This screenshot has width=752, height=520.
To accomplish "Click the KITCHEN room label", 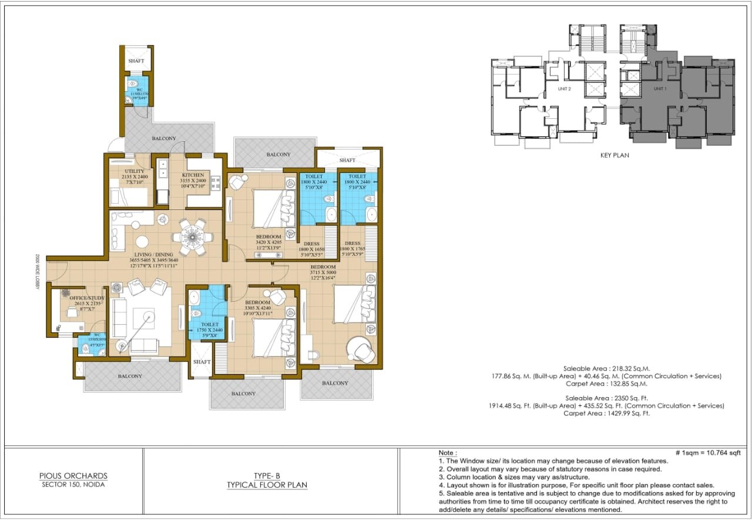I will coord(193,175).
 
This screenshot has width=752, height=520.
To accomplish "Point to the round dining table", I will coord(192,238).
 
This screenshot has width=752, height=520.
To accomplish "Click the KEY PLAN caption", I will coord(615,155).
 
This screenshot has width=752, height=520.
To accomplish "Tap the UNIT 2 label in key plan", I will coord(565,88).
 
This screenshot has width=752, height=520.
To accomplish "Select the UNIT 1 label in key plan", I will coord(660,88).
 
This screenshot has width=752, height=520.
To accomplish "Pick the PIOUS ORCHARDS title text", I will coord(73,476).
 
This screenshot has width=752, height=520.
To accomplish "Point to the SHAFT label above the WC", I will coord(136,61).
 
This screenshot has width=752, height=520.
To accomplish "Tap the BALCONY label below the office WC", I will coord(130,376).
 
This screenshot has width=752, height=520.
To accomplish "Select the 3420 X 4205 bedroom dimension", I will coord(268,242).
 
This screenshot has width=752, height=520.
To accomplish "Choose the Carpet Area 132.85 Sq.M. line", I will coord(606,384).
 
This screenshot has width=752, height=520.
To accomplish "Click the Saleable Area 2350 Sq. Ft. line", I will coord(606,398).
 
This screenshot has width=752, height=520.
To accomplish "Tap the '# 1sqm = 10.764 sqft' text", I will coord(707,452).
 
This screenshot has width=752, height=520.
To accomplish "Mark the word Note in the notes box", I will coord(448,452).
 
